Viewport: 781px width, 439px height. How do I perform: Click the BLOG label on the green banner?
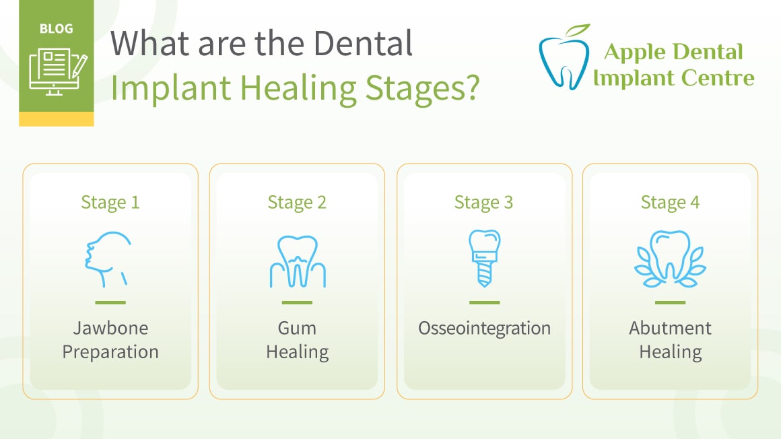(x=57, y=29)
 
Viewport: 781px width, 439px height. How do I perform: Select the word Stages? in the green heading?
(x=422, y=89)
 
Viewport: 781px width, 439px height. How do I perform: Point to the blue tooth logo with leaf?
(x=564, y=57)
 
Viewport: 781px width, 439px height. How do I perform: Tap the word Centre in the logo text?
(x=717, y=77)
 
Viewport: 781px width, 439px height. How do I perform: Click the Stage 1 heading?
(x=110, y=203)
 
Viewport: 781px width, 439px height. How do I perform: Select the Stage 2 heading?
(x=297, y=203)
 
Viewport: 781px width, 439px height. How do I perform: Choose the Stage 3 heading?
(x=483, y=203)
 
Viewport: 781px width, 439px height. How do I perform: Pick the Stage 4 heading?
(x=670, y=203)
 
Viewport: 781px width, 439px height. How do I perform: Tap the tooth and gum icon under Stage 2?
(x=298, y=261)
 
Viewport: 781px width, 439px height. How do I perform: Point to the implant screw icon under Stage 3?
(x=485, y=258)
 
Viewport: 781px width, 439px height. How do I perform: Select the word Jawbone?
(x=110, y=328)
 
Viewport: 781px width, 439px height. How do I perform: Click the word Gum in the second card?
(x=297, y=328)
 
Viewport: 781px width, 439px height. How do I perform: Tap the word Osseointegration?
(x=485, y=329)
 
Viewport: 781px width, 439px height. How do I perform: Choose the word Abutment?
(x=670, y=328)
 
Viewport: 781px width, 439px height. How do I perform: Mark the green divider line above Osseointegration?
(x=485, y=302)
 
